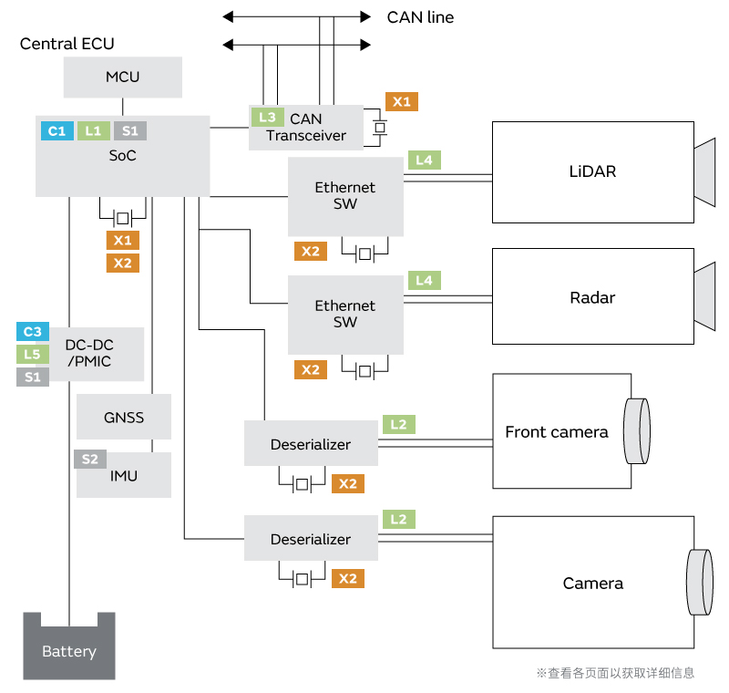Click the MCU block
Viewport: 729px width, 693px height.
pyautogui.click(x=123, y=77)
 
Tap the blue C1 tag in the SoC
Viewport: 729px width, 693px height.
pyautogui.click(x=56, y=131)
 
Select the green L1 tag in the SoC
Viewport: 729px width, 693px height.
pyautogui.click(x=93, y=131)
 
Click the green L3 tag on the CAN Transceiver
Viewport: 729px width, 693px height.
pyautogui.click(x=266, y=117)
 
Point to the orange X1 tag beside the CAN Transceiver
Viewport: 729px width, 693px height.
pyautogui.click(x=402, y=102)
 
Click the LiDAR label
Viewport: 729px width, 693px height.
pyautogui.click(x=592, y=171)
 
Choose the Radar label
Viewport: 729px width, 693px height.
pyautogui.click(x=592, y=297)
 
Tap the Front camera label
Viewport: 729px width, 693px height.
pyautogui.click(x=556, y=432)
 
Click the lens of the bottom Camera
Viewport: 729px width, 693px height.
pyautogui.click(x=699, y=583)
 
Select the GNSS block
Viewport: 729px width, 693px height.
pyautogui.click(x=124, y=419)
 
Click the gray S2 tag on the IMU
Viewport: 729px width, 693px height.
pyautogui.click(x=89, y=460)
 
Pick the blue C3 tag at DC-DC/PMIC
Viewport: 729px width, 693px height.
pyautogui.click(x=33, y=332)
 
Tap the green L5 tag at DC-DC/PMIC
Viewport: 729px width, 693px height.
pyautogui.click(x=33, y=355)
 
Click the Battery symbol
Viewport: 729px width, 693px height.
pyautogui.click(x=69, y=646)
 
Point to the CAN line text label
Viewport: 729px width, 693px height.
pyautogui.click(x=420, y=17)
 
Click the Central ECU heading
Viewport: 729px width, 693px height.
pyautogui.click(x=67, y=44)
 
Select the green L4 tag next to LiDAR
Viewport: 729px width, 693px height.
pyautogui.click(x=425, y=160)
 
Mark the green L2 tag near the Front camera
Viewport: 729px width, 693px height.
pyautogui.click(x=399, y=424)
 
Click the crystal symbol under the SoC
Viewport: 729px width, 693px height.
pyautogui.click(x=121, y=218)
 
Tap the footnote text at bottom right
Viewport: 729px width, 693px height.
pyautogui.click(x=615, y=673)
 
